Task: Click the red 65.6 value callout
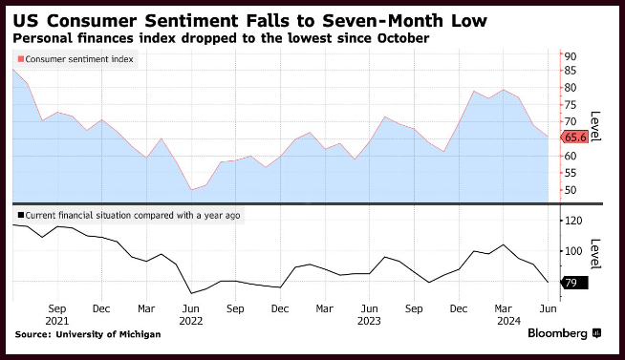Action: (574, 138)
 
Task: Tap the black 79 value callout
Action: (574, 283)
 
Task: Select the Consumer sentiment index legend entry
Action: (75, 59)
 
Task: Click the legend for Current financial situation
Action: (129, 216)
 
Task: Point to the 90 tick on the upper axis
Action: (571, 56)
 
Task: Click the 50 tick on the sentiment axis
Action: (571, 190)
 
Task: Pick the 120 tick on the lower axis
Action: (573, 221)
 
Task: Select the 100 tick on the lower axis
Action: (573, 251)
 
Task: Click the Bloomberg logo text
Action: (558, 333)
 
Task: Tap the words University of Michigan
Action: (108, 334)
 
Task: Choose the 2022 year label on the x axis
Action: (191, 321)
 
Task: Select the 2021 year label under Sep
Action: (57, 321)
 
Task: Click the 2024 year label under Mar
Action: (508, 321)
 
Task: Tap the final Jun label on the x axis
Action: (549, 308)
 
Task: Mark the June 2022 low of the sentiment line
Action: (192, 190)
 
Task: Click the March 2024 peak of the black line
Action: (504, 244)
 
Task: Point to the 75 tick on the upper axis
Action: (571, 105)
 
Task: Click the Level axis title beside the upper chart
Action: (595, 126)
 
